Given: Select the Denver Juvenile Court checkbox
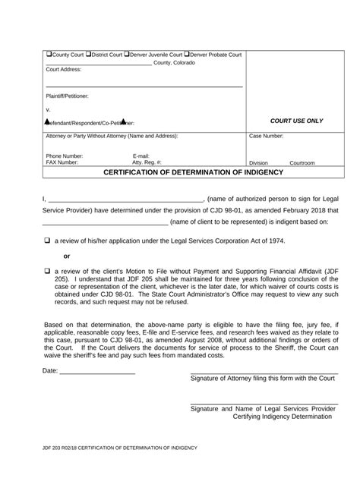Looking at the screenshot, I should tap(127, 55).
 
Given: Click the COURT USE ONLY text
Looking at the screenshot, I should tap(296, 121).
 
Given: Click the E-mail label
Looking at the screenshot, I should tap(143, 156).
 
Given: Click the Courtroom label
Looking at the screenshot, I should tap(302, 163).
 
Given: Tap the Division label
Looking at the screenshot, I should tap(258, 163).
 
